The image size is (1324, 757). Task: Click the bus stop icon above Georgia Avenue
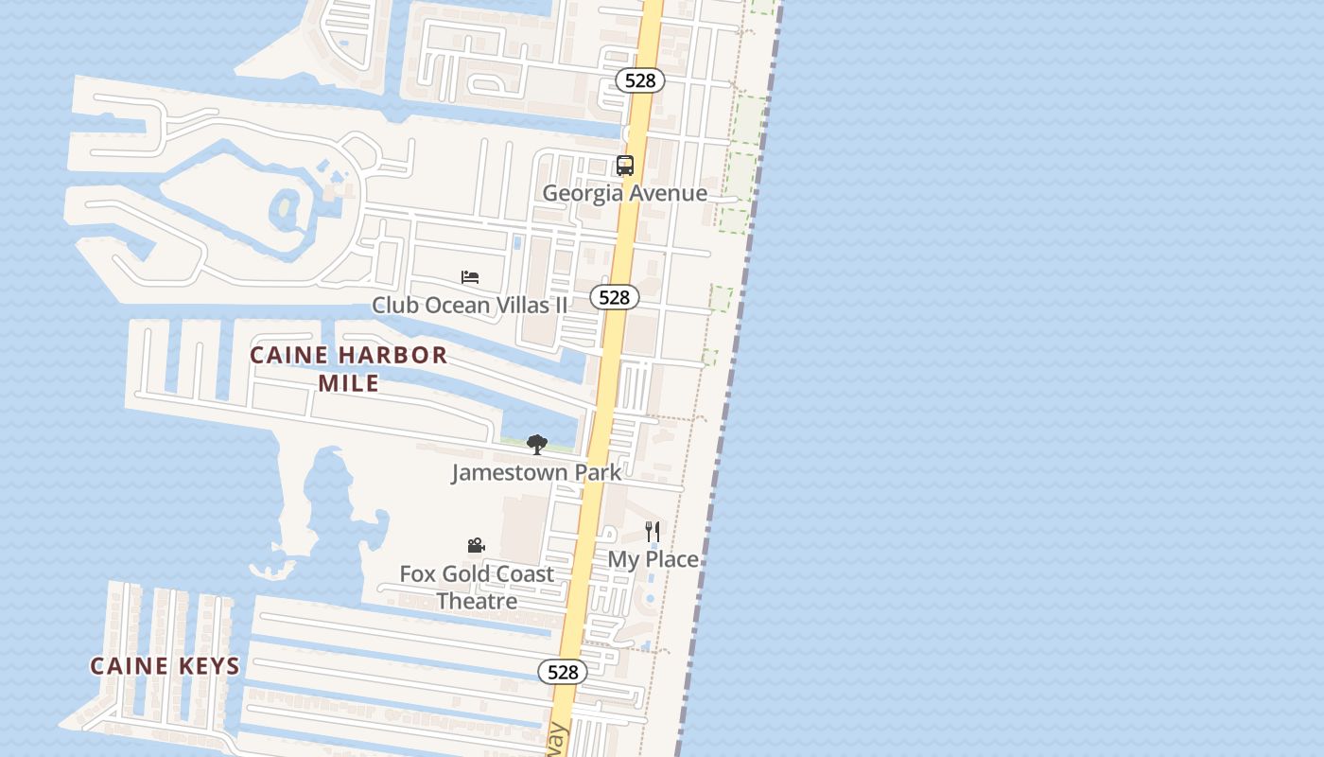(624, 166)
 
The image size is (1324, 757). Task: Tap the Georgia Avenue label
(624, 193)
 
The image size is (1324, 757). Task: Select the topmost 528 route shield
(640, 80)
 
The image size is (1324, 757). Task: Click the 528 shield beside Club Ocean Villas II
(615, 297)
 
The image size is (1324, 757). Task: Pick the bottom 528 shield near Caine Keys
(563, 672)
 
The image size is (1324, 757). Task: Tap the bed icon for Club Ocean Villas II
(470, 277)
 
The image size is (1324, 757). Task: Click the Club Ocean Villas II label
(470, 305)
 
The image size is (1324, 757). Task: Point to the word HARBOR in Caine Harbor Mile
(392, 356)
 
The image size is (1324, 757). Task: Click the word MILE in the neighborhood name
(348, 383)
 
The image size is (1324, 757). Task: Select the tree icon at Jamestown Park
(537, 444)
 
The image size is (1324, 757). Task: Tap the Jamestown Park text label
(536, 472)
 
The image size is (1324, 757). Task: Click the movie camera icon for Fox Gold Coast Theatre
(477, 546)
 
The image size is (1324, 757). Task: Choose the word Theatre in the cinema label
(477, 601)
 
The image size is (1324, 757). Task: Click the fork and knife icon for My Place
(653, 531)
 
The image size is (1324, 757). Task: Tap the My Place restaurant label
(653, 559)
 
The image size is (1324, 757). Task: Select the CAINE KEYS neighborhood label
(165, 666)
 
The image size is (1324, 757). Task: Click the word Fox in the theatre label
(416, 574)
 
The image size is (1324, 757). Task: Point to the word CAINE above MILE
(289, 356)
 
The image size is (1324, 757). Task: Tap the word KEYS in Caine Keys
(208, 666)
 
